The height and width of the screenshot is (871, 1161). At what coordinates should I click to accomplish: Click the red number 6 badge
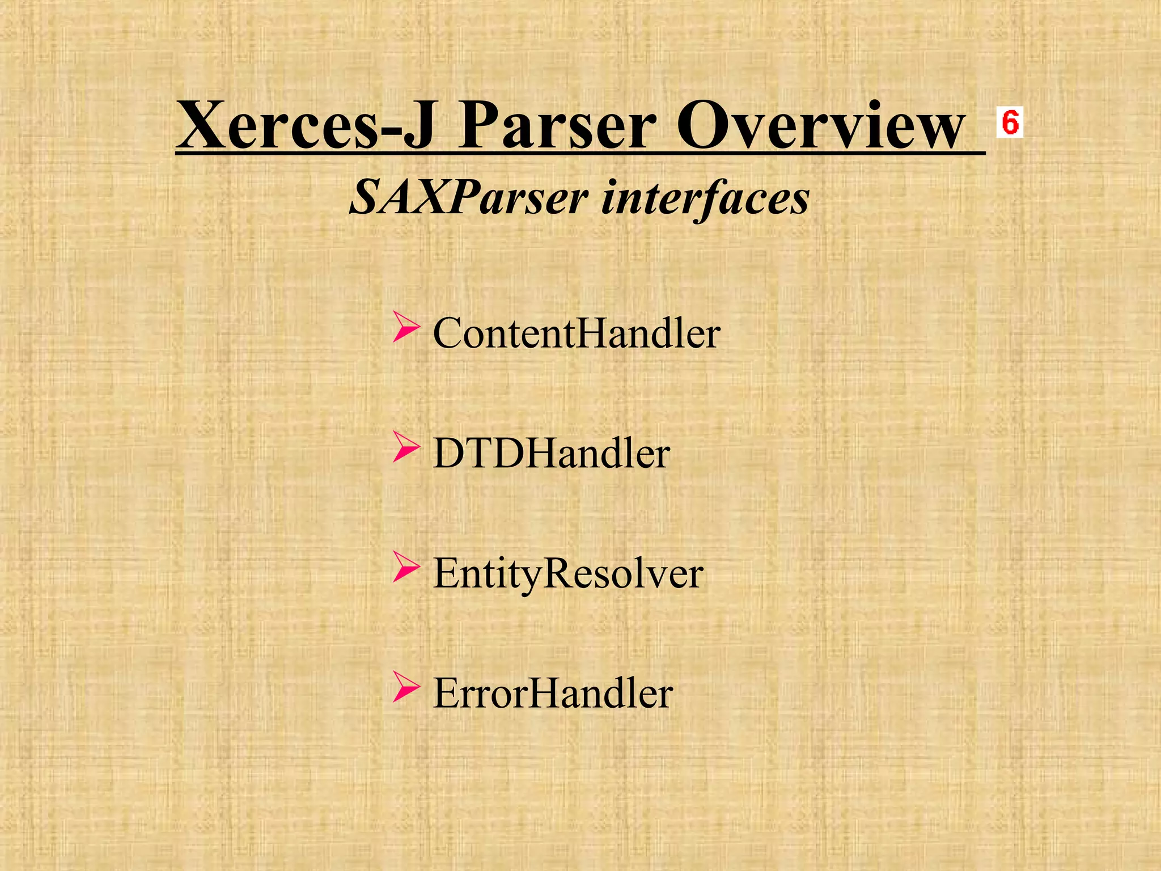(x=1010, y=122)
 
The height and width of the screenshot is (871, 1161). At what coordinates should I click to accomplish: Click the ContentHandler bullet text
(x=577, y=333)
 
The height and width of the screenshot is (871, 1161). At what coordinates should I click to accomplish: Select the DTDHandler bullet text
(x=551, y=453)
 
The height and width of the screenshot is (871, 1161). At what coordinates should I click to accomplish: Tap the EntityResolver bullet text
(x=568, y=573)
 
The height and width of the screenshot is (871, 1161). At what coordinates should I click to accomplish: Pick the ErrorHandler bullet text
(x=553, y=693)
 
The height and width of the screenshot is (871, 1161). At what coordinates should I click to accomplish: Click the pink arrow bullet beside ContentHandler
(x=406, y=329)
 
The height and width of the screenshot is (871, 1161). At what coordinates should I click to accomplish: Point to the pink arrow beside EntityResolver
(x=406, y=569)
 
